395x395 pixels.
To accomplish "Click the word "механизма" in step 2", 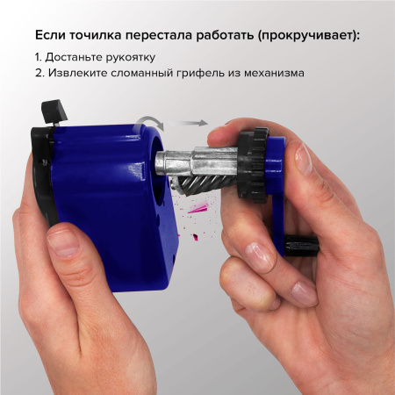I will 276,74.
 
